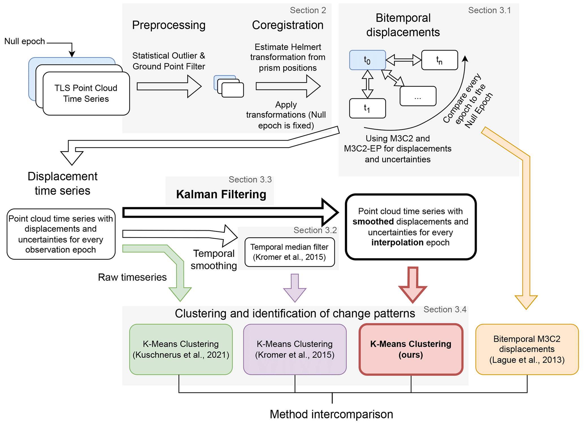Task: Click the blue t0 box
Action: (367, 60)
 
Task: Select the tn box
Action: (439, 60)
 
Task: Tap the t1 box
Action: (367, 108)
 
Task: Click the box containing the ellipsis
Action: (418, 96)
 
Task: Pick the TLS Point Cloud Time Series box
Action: (86, 93)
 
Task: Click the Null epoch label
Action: (25, 41)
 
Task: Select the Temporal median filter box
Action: (290, 252)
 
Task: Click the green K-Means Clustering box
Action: (181, 349)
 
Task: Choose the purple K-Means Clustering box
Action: (295, 349)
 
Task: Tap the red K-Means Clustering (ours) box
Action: (411, 349)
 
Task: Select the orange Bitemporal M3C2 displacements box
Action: (527, 349)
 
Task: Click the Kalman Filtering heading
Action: (221, 194)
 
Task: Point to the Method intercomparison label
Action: (331, 414)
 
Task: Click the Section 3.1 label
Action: (489, 10)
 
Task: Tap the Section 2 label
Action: (308, 10)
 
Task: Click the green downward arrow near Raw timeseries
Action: (180, 291)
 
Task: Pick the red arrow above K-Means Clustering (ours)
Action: (413, 285)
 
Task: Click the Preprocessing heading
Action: (169, 25)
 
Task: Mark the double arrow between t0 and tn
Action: (403, 60)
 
